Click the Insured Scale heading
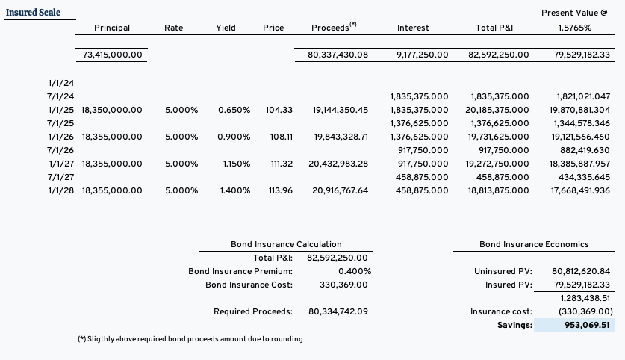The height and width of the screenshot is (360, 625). point(33,13)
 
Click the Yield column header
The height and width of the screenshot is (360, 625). point(226,28)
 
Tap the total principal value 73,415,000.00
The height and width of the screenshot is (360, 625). point(112,55)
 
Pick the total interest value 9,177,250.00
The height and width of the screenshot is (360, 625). point(419,55)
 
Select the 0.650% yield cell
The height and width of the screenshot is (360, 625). point(234,110)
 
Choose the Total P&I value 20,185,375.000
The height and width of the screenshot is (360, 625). point(499,110)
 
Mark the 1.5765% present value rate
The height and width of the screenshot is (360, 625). point(575,28)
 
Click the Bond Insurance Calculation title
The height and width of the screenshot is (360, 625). point(286,244)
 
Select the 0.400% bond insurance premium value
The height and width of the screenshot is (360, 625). point(355,271)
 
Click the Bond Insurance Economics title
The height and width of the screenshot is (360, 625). point(534,244)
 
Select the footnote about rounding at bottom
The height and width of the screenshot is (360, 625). point(190,339)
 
